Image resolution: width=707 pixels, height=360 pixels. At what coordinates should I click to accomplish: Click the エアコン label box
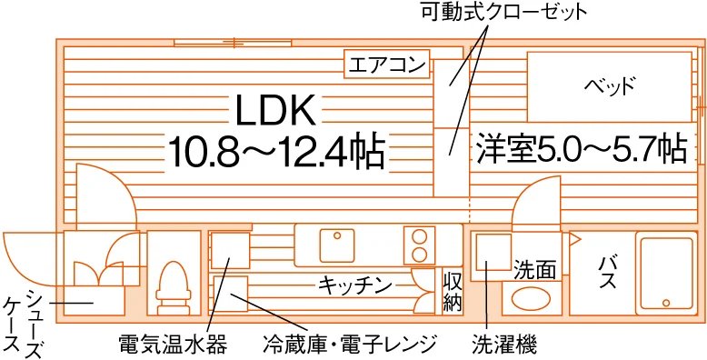(x=387, y=64)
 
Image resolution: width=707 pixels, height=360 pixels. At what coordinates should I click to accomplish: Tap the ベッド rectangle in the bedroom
(x=609, y=86)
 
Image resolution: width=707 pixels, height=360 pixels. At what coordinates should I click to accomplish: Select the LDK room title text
(x=275, y=111)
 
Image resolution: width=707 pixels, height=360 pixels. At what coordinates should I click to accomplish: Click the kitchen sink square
(x=337, y=245)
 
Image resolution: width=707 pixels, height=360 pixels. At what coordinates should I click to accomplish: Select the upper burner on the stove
(x=419, y=237)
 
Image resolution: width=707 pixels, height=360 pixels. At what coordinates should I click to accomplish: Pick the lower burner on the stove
(x=419, y=255)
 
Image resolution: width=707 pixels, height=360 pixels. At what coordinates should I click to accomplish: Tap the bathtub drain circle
(x=666, y=302)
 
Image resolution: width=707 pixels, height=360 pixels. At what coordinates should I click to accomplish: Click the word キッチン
(x=354, y=285)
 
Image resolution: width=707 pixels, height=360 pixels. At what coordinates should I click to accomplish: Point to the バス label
(x=607, y=274)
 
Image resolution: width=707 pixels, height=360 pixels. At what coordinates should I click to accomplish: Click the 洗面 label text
(x=534, y=271)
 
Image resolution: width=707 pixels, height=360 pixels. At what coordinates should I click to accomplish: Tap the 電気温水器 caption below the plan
(x=172, y=345)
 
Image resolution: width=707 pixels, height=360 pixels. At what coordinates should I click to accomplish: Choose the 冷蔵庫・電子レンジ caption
(x=350, y=345)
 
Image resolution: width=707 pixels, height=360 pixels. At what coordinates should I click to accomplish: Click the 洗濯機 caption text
(x=504, y=345)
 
